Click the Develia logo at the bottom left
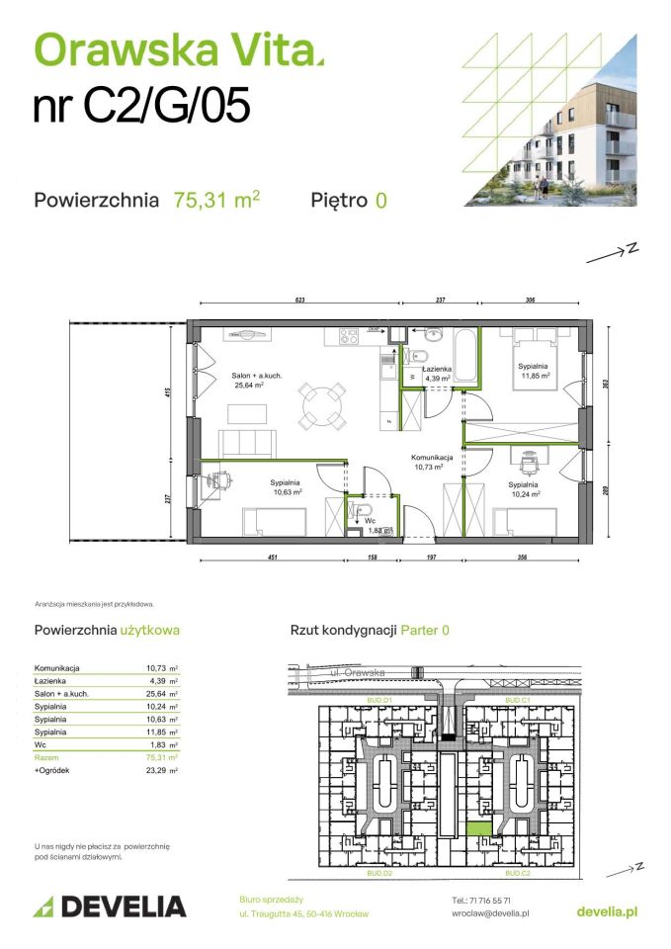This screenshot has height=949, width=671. point(110,906)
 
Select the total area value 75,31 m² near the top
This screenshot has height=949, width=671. point(216,200)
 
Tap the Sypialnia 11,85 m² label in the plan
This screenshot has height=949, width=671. point(533,370)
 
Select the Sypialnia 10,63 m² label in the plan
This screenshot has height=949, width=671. point(287,486)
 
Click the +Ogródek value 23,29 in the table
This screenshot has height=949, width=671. point(156,769)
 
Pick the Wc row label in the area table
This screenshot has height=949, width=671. point(41,744)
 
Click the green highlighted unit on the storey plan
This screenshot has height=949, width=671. point(478,830)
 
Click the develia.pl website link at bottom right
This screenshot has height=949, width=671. point(606,910)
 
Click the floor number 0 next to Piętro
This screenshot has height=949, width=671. point(380,200)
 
